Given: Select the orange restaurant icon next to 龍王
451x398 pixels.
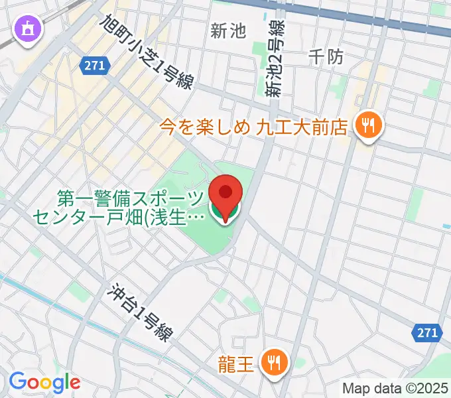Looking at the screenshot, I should click(273, 363).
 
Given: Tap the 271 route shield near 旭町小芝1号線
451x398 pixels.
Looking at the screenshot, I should click(94, 64).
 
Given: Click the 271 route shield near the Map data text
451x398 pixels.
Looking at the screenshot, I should click(428, 333).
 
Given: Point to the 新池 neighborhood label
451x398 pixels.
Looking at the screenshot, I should click(228, 31).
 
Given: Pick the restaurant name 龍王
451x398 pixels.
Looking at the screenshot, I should click(236, 364).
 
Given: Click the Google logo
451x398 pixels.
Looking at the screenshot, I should click(44, 382).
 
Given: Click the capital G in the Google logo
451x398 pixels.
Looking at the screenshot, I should click(17, 381).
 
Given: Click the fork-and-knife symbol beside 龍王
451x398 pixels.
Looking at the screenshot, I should click(273, 363).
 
